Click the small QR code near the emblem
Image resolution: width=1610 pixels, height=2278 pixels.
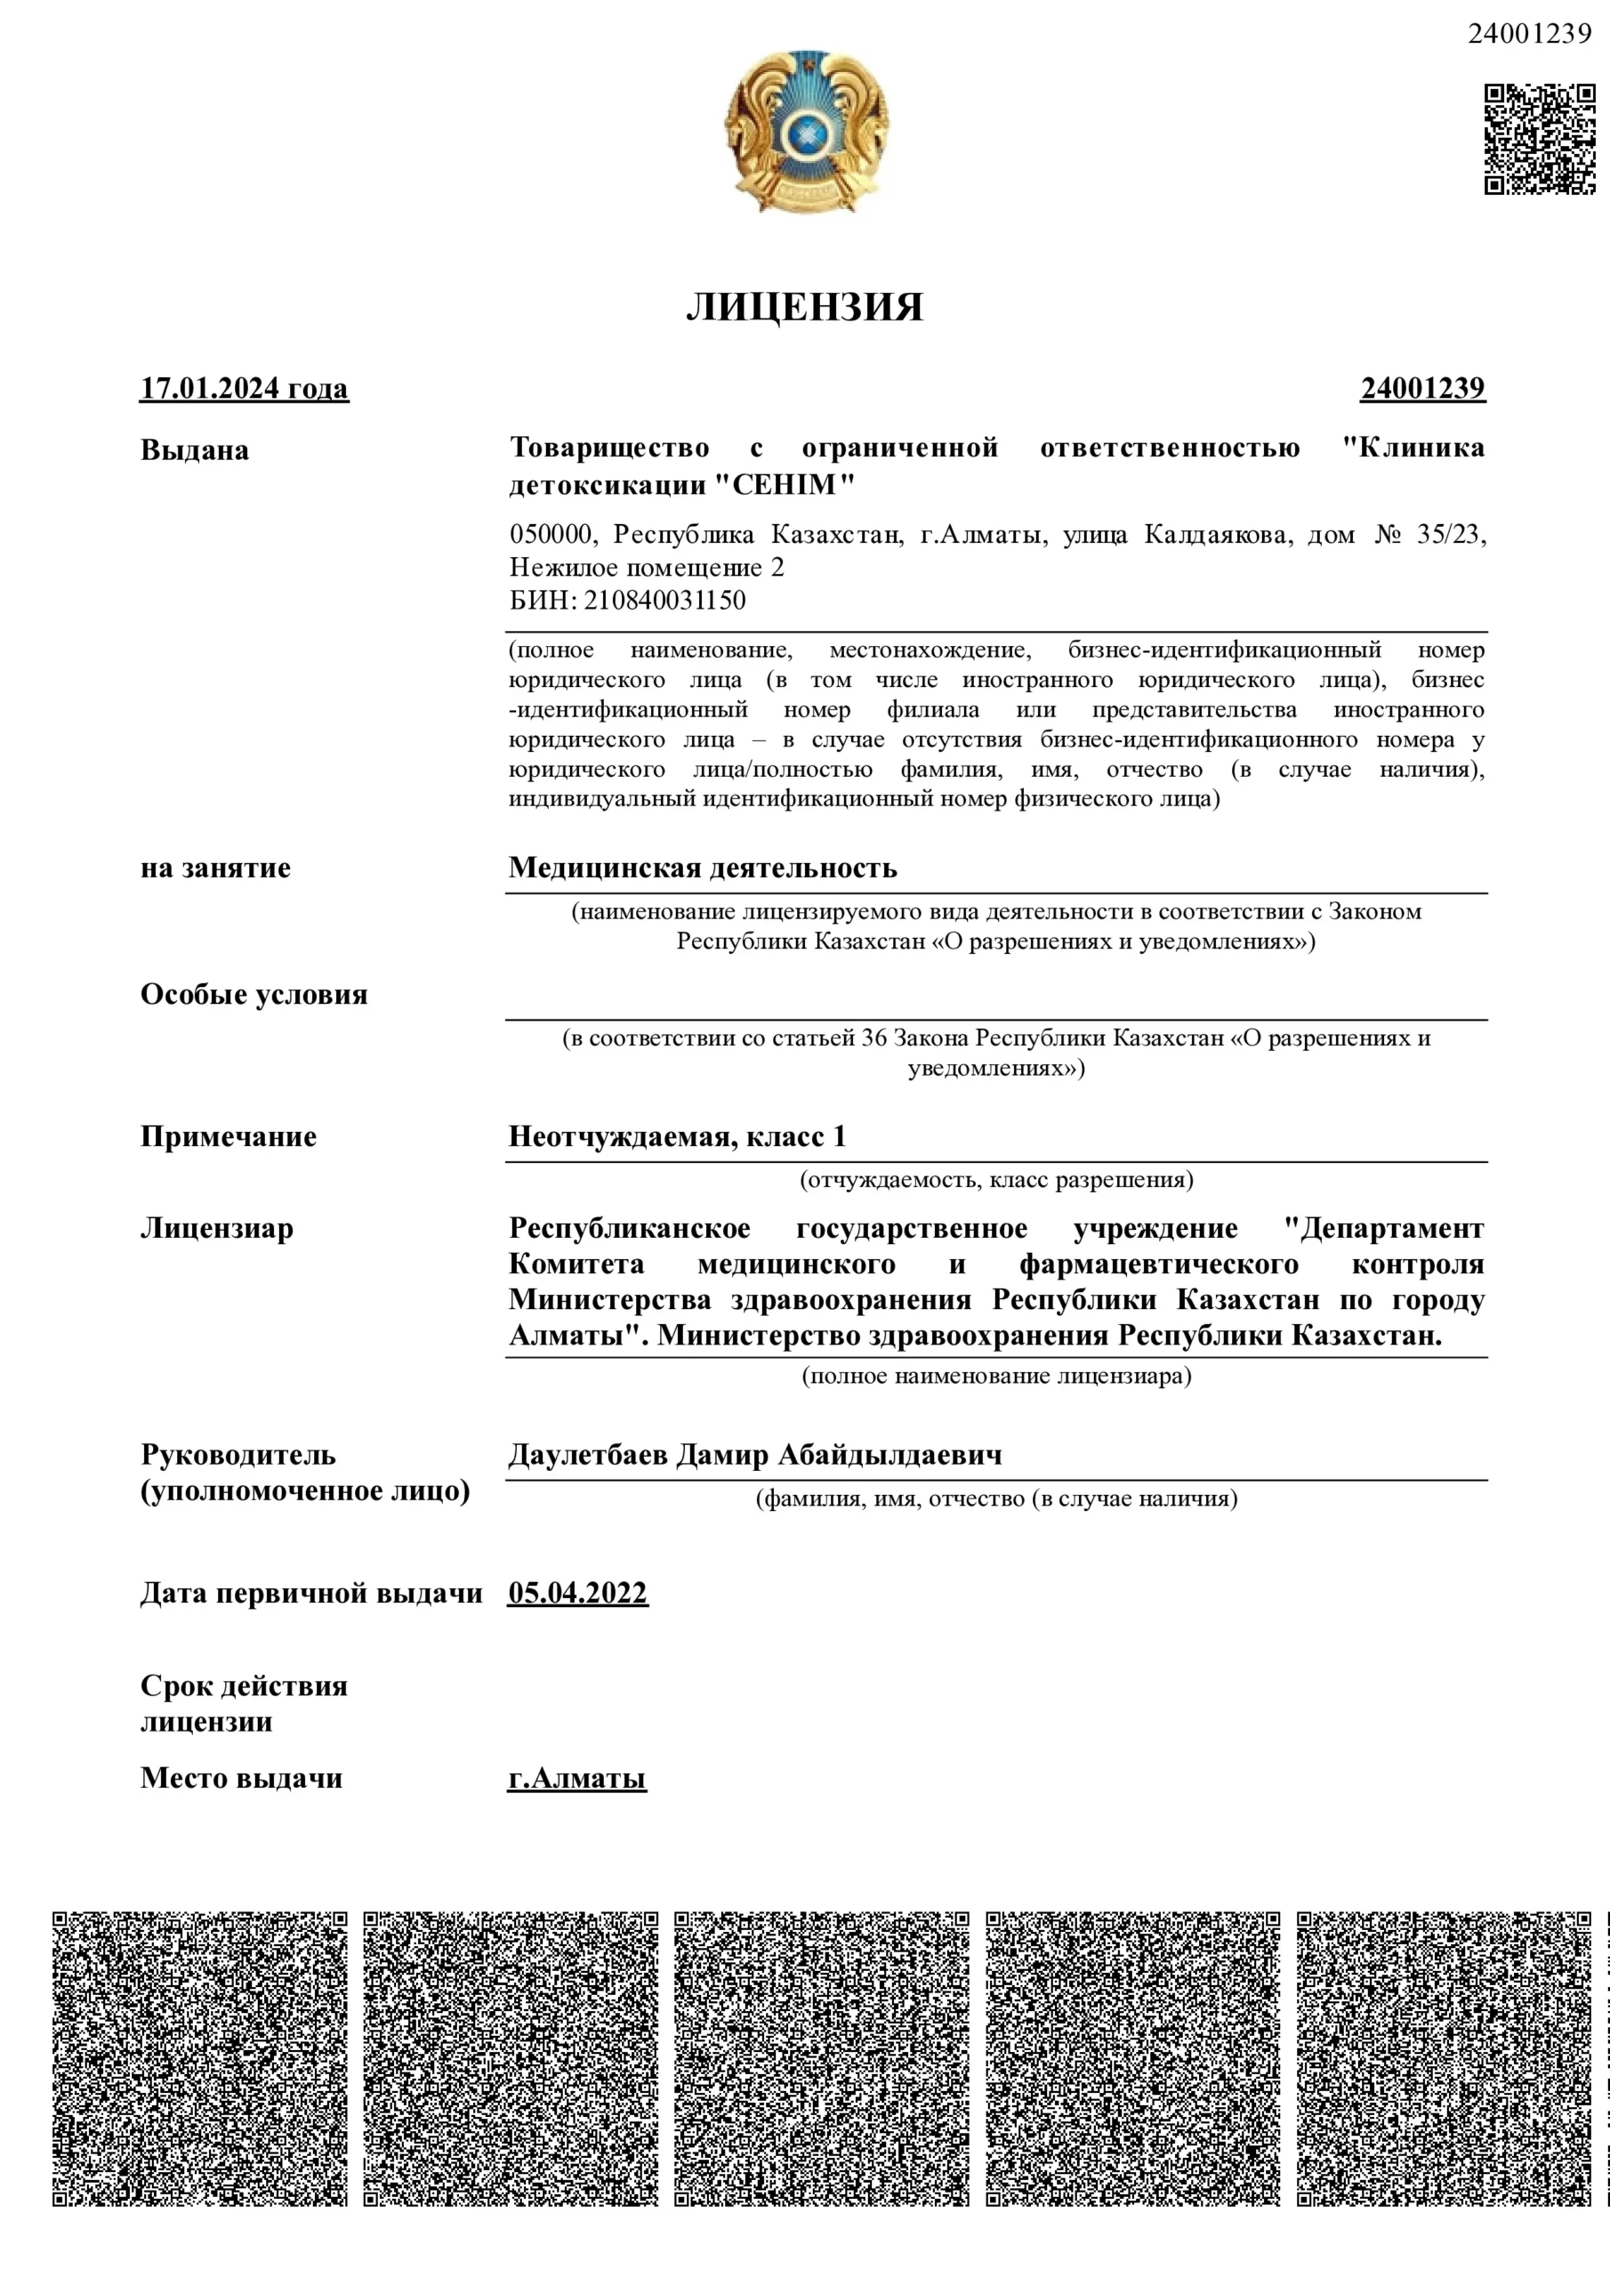(x=1539, y=139)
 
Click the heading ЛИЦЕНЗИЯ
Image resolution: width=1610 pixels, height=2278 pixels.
(x=804, y=307)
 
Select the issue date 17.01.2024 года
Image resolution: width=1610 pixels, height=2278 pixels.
(x=244, y=388)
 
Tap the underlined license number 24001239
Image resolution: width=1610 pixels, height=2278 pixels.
(x=1422, y=388)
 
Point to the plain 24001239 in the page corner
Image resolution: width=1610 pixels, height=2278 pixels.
(x=1529, y=34)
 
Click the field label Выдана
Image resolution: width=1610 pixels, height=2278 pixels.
(x=195, y=450)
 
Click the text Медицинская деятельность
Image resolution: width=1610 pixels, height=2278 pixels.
(x=703, y=868)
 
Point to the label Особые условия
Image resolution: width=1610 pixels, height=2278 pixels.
(x=254, y=994)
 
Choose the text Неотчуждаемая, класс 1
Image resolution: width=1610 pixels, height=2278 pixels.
(x=678, y=1137)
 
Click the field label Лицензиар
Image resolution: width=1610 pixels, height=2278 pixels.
(x=217, y=1228)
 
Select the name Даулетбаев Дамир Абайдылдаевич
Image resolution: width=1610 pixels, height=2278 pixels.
(x=755, y=1456)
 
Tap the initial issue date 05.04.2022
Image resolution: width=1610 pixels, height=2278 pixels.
(x=577, y=1594)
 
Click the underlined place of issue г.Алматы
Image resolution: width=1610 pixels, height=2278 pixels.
(x=576, y=1778)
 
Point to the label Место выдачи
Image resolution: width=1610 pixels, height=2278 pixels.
(x=241, y=1778)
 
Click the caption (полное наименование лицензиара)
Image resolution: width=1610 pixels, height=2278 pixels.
(x=996, y=1376)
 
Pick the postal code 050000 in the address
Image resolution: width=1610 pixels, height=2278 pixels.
(x=552, y=535)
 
